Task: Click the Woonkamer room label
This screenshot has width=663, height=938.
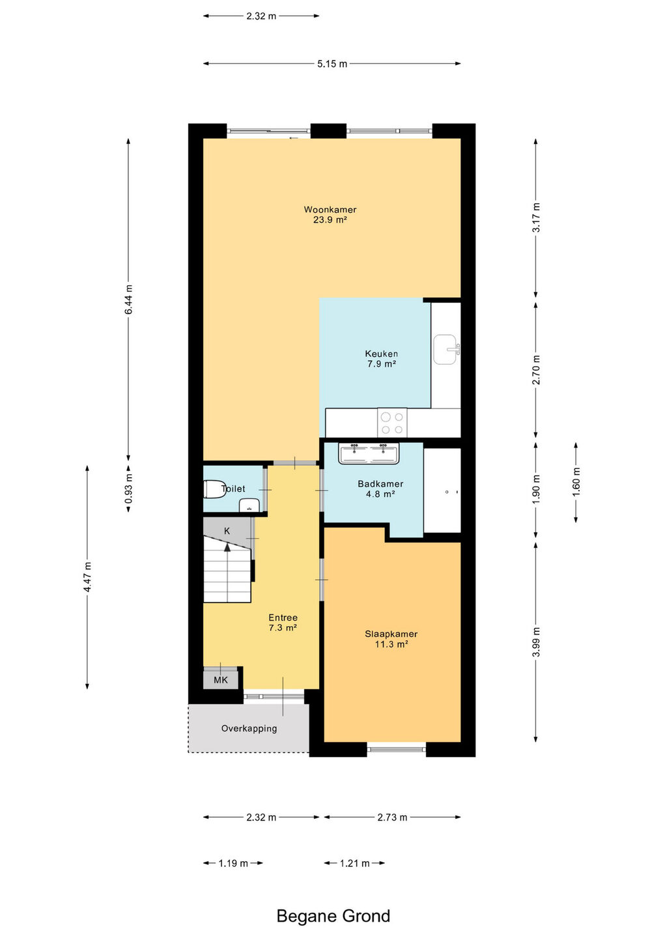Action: (x=330, y=209)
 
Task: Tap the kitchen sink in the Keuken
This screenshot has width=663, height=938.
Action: (x=447, y=349)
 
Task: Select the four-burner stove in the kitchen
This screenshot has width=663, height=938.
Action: (x=392, y=423)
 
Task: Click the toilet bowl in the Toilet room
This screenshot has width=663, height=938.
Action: (x=214, y=489)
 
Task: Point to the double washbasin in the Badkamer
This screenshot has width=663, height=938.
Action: (x=369, y=453)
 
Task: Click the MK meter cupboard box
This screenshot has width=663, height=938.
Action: (x=221, y=679)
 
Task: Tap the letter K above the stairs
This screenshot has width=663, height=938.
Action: (x=227, y=531)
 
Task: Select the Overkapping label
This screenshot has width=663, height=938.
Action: (x=249, y=729)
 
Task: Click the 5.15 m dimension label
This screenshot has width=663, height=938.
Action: (x=332, y=64)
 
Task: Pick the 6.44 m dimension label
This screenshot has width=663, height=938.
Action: (x=129, y=299)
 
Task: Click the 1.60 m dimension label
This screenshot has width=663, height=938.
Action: (x=576, y=482)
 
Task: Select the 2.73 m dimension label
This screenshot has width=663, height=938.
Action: (x=392, y=817)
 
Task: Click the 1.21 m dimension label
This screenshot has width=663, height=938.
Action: (x=354, y=863)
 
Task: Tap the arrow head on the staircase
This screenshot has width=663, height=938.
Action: (x=227, y=547)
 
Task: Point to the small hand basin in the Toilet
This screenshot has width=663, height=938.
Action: (x=249, y=506)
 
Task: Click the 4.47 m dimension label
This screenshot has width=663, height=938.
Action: (x=88, y=577)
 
